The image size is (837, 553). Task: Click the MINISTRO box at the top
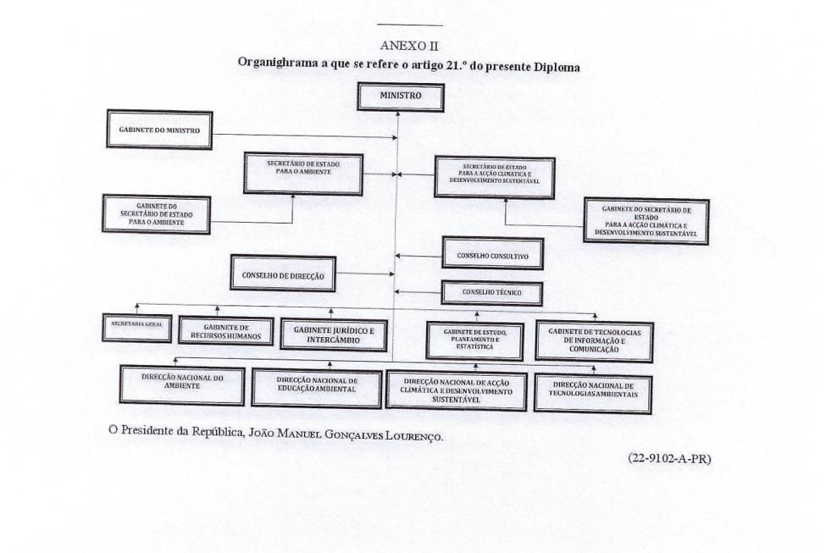point(401,97)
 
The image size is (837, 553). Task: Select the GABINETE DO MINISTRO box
point(159,130)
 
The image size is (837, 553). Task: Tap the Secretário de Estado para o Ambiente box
point(303,174)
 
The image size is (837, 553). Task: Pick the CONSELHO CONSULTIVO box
point(492,253)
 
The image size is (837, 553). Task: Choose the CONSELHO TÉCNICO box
point(491,293)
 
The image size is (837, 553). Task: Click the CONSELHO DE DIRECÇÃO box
point(283,274)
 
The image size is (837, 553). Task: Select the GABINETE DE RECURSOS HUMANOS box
point(226,331)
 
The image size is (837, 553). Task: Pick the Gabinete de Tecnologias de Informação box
point(594,340)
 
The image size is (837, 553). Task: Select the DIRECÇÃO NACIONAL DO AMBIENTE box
point(182,385)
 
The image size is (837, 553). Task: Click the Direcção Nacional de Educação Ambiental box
point(317,387)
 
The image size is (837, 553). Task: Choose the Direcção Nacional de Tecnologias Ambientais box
point(592,390)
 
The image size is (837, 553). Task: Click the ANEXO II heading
point(409,46)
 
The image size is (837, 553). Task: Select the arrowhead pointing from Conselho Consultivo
point(400,255)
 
